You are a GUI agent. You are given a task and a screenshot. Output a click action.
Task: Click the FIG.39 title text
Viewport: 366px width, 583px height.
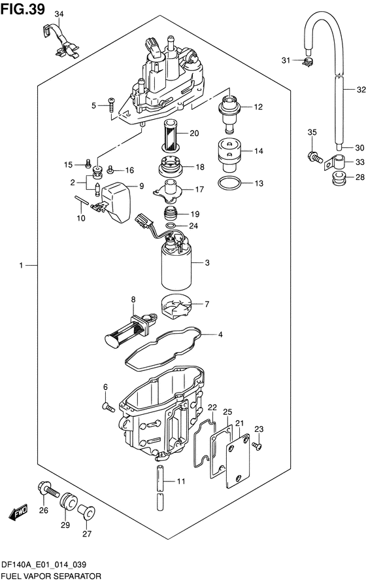point(23,9)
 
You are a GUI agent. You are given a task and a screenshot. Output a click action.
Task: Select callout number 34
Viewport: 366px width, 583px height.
point(59,14)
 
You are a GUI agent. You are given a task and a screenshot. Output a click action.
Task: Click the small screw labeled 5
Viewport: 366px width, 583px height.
point(111,105)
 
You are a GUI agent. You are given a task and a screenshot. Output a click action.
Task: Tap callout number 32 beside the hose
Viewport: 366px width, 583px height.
point(361,90)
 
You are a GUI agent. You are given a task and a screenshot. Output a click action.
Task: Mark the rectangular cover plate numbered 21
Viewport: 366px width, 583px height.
point(238,461)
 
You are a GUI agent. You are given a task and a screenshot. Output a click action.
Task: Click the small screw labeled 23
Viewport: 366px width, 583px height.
point(256,445)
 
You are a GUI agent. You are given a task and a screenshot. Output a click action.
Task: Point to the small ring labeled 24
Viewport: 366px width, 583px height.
point(171,226)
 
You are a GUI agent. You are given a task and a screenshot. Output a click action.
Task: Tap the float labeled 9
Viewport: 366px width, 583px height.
point(116,202)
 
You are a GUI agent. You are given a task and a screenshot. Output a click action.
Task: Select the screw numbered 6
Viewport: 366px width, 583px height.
point(108,407)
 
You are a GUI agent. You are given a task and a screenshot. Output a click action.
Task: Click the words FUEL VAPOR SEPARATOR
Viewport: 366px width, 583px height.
point(51,576)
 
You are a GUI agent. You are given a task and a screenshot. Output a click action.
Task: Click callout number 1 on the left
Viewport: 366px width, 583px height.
point(21,265)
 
